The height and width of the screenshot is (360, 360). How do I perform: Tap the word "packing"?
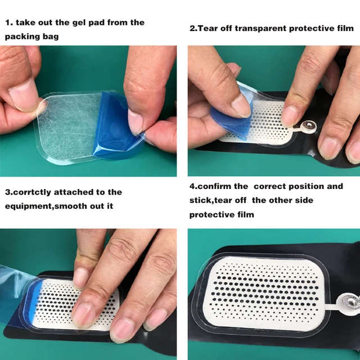24,37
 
